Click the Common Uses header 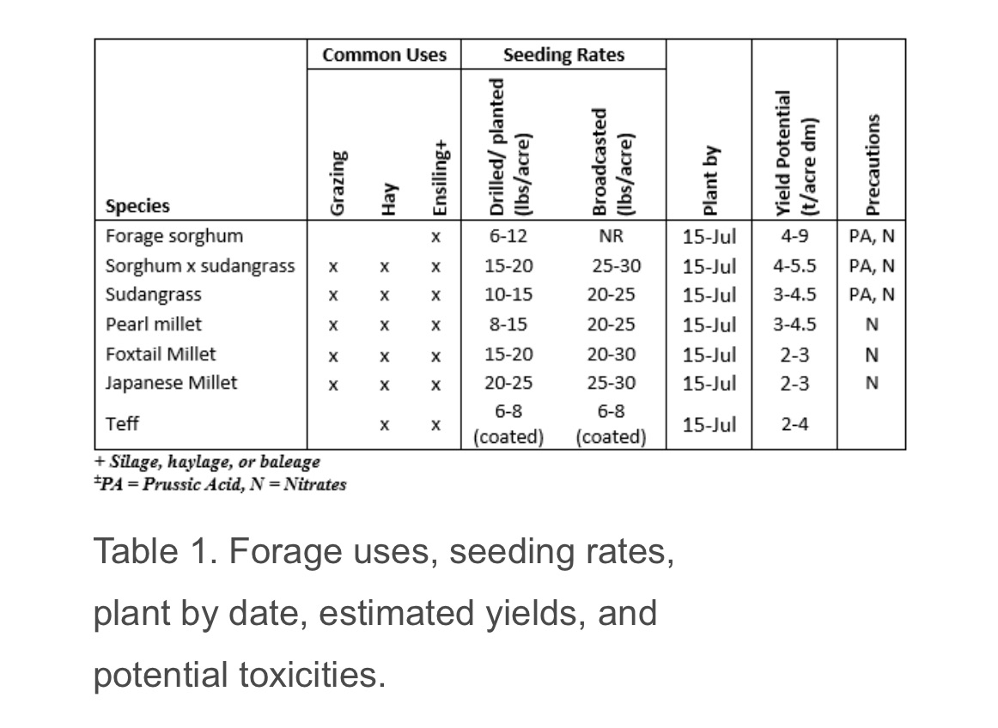(384, 55)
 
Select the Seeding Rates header (563, 55)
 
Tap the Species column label (137, 206)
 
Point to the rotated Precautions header (873, 164)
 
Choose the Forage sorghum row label (174, 236)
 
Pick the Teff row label (122, 424)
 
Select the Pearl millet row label (154, 325)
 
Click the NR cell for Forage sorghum (612, 236)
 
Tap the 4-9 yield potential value (794, 236)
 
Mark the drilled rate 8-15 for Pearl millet (508, 325)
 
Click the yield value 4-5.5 (794, 265)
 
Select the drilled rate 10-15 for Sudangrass (508, 294)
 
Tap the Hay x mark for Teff (386, 425)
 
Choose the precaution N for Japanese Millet (872, 383)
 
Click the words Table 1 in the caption (152, 551)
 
